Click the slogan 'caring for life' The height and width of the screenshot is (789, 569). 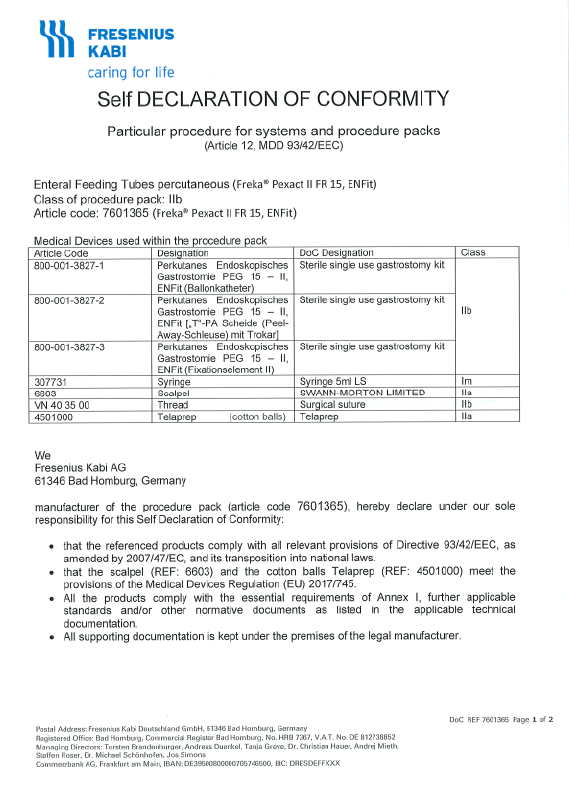pos(131,72)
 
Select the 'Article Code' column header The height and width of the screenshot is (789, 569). pos(63,253)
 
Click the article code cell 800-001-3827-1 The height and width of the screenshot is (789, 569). pos(70,265)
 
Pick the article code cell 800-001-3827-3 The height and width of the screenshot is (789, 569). pos(70,346)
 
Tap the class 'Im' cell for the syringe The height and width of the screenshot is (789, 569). pos(465,382)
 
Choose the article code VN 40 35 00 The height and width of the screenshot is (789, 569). pos(63,405)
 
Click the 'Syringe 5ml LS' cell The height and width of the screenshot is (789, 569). pos(335,382)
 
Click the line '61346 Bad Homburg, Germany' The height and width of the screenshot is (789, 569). pos(110,480)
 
